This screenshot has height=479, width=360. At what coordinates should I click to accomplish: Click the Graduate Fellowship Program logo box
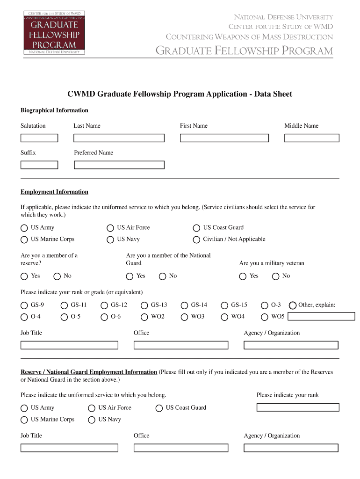[54, 32]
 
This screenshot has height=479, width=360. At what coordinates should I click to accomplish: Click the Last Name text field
[119, 138]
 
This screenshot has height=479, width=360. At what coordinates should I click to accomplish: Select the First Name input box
[224, 138]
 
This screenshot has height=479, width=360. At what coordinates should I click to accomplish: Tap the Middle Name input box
[312, 138]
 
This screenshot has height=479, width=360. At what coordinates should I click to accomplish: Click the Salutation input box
[39, 138]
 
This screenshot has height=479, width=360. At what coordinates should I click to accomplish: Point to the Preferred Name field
[119, 165]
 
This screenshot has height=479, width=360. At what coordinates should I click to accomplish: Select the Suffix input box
[39, 165]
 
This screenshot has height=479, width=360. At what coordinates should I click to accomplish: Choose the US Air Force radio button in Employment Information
[110, 228]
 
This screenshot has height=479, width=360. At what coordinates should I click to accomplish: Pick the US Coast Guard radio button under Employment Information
[196, 228]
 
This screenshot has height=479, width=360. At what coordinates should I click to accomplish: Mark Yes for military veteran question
[243, 276]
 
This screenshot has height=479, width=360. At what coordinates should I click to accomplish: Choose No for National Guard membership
[163, 276]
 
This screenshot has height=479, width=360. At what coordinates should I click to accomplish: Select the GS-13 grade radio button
[144, 305]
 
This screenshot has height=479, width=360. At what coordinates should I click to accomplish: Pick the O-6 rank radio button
[104, 317]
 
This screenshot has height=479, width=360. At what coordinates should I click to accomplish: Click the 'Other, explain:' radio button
[293, 305]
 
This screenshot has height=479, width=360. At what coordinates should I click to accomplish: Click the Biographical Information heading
[54, 110]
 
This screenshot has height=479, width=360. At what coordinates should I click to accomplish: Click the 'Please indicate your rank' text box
[298, 407]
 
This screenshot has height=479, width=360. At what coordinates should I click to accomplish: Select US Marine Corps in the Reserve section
[24, 420]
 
